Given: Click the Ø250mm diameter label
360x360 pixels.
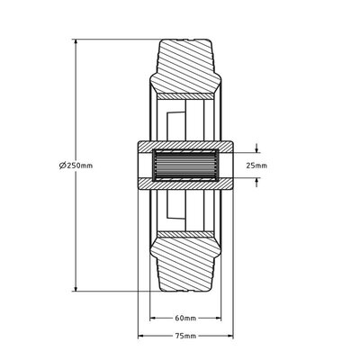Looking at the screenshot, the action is pos(76,166).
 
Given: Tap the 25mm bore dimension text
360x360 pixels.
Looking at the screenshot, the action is pos(256,166).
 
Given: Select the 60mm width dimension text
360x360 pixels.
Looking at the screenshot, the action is pos(185,318).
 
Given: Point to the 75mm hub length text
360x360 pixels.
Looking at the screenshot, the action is pos(185,336).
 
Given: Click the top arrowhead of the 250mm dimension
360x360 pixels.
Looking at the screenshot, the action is pos(76,42).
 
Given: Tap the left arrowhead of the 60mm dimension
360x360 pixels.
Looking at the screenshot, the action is pos(153,318).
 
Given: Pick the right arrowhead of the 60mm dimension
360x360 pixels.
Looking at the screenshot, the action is pos(217,318).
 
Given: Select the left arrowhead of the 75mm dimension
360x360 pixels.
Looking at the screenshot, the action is pos(141,336).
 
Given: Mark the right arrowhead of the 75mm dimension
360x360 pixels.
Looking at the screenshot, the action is pos(229,336).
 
